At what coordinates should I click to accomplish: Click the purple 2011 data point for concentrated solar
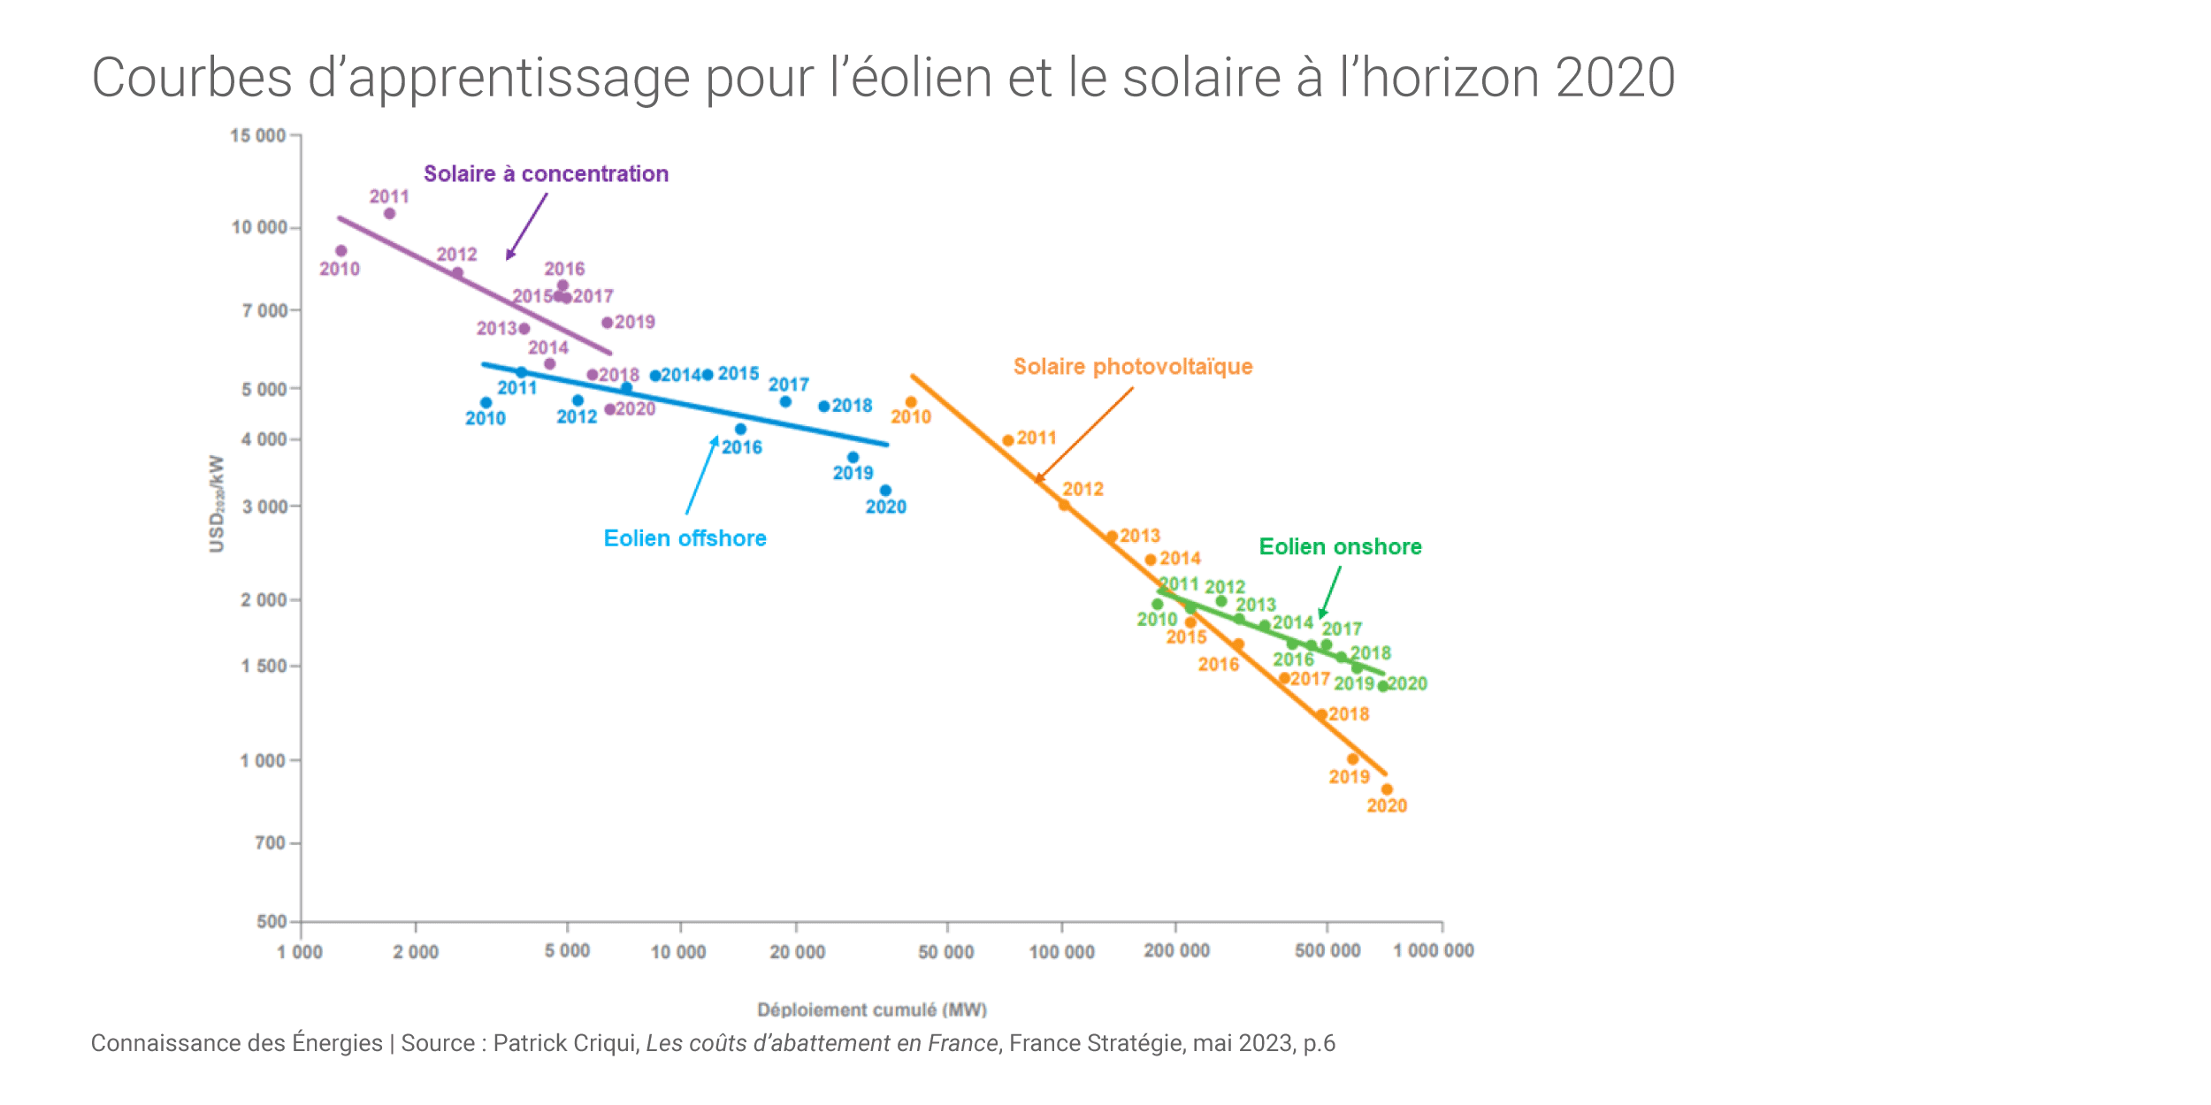click(389, 213)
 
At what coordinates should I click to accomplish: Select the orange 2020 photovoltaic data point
click(1387, 789)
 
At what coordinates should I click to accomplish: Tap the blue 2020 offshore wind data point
click(885, 491)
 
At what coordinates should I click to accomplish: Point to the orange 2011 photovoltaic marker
click(1008, 440)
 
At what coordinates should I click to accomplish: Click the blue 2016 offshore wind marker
click(740, 430)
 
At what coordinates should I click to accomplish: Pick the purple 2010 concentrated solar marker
click(341, 251)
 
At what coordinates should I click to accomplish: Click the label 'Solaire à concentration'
click(546, 174)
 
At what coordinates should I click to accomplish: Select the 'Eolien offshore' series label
click(685, 538)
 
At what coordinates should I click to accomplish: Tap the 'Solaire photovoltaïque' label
click(1133, 367)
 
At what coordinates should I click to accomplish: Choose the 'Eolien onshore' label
click(1340, 547)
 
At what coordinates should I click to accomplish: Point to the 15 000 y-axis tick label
click(257, 135)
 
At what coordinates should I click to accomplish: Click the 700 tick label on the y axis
click(270, 843)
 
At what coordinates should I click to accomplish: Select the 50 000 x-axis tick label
click(945, 952)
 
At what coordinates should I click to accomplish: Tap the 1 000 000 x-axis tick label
click(1434, 951)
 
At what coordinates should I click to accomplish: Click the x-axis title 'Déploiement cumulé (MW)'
click(872, 1010)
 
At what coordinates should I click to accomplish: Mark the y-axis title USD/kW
click(217, 504)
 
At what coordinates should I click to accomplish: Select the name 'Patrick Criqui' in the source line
click(565, 1044)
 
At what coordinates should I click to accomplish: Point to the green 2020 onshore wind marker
click(1383, 686)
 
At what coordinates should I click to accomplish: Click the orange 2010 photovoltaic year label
click(911, 417)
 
